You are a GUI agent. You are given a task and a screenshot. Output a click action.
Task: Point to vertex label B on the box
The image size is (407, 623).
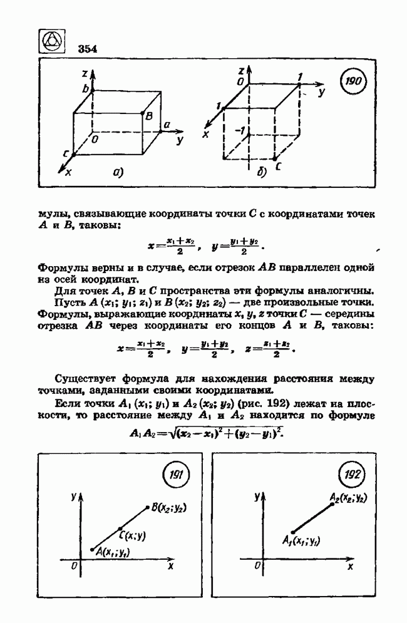click(x=149, y=116)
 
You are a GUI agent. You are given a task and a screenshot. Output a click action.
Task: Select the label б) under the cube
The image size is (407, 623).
click(x=261, y=175)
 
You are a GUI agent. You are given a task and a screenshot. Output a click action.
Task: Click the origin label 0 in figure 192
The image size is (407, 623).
click(x=257, y=565)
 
